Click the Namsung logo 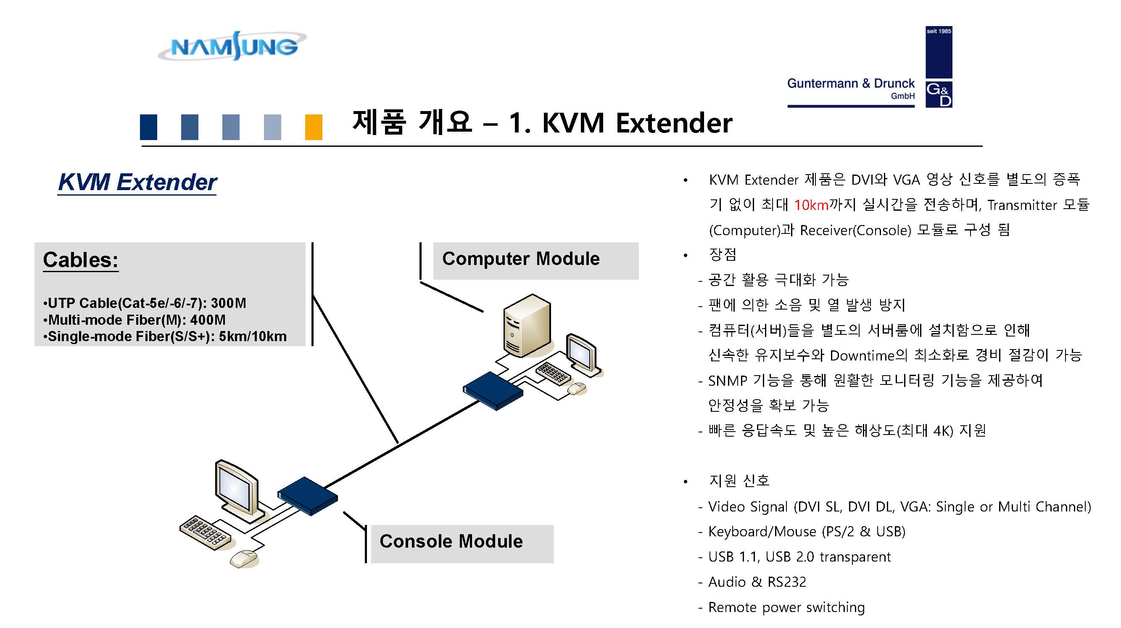(x=233, y=46)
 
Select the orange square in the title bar (x=313, y=127)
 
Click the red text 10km (x=811, y=205)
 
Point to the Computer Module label (x=521, y=259)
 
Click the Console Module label (x=451, y=541)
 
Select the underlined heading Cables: (x=81, y=260)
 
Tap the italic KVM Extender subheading (x=137, y=182)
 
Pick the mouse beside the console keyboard (x=244, y=558)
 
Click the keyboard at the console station (x=205, y=533)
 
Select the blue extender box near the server (x=493, y=390)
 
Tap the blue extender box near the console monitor (x=307, y=496)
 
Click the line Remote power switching (x=786, y=607)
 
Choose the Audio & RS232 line (x=757, y=582)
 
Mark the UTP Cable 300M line (x=145, y=303)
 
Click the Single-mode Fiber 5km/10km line (x=165, y=337)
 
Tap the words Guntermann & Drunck (x=851, y=83)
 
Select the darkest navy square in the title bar (x=148, y=127)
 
